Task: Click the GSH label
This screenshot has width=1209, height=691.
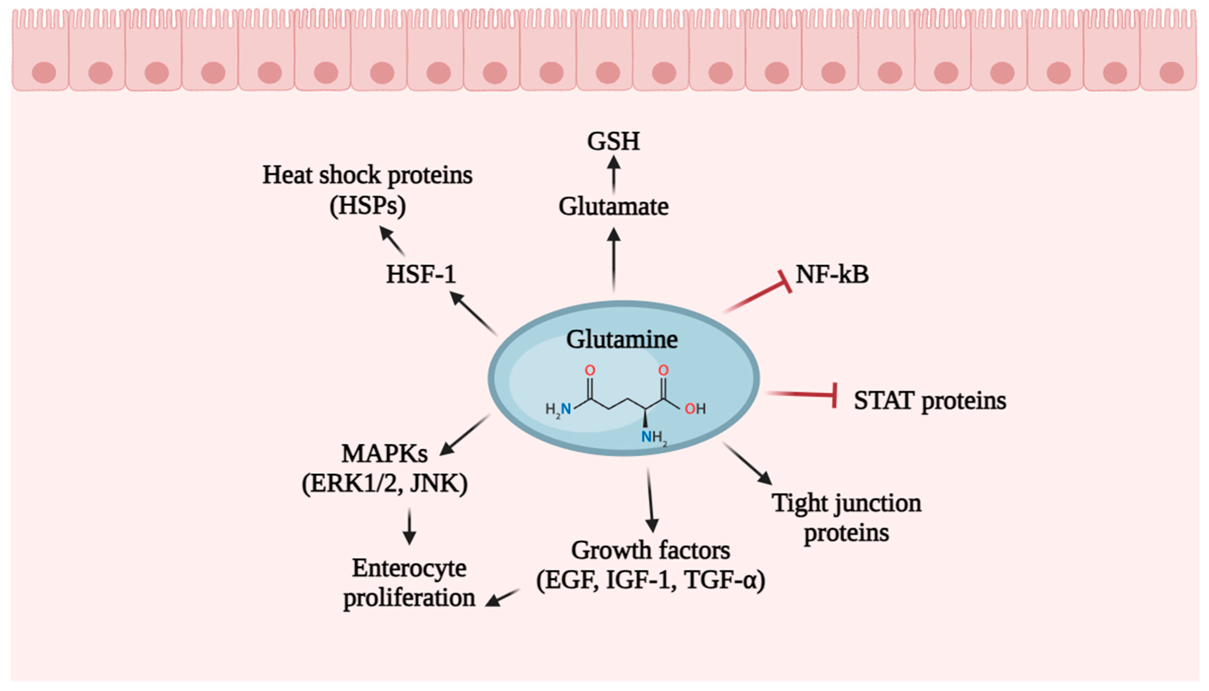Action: [x=613, y=141]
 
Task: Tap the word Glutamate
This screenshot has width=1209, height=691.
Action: [x=613, y=206]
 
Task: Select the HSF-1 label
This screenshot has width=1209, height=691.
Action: [x=421, y=274]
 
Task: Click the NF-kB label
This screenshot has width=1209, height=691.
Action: [x=832, y=274]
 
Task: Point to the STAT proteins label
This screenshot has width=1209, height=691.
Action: [x=930, y=400]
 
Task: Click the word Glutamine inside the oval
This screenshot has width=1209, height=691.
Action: [x=622, y=339]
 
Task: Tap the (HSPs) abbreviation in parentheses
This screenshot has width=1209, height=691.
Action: [x=368, y=206]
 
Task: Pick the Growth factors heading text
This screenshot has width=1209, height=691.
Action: [x=650, y=551]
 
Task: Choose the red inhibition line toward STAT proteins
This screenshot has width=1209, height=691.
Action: [x=802, y=394]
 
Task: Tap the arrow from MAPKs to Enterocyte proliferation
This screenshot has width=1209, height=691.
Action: [x=409, y=527]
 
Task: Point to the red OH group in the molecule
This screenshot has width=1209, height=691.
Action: [x=695, y=409]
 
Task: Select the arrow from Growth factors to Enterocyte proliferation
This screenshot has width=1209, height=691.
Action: [x=503, y=598]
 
